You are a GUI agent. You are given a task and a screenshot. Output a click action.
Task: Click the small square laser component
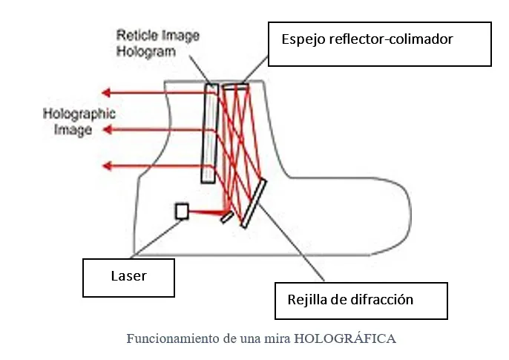181,212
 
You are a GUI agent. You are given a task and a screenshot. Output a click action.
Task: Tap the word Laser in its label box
128,276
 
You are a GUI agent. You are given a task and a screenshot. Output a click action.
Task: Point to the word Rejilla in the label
306,300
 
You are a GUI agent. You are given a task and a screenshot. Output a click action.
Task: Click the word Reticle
135,36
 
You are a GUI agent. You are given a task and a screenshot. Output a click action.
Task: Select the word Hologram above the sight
146,51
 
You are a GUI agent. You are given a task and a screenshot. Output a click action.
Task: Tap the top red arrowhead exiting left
106,93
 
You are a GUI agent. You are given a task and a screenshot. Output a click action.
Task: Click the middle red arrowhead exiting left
106,130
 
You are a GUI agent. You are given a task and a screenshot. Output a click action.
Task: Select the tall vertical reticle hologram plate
209,133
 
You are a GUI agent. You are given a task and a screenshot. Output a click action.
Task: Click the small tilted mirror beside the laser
226,217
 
